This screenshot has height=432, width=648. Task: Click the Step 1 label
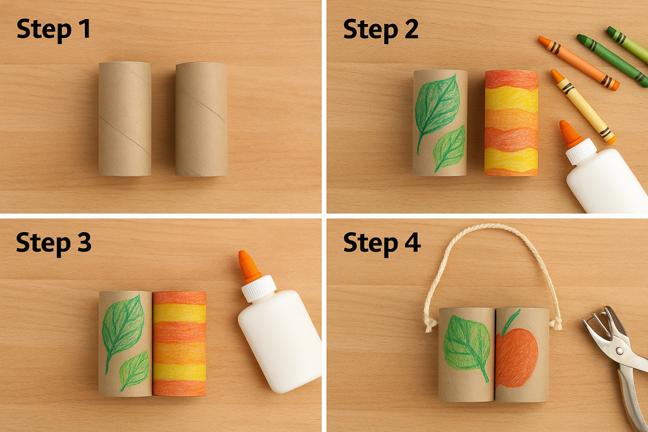point(53,28)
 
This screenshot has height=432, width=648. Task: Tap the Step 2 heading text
point(380,28)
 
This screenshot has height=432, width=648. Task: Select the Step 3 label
point(53,242)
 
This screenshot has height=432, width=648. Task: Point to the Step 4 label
point(382,242)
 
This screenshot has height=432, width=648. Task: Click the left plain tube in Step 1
point(125,118)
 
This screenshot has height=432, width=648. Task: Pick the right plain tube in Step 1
point(201,118)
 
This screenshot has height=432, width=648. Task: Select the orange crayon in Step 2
point(577,62)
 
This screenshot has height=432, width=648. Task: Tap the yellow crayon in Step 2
point(582,106)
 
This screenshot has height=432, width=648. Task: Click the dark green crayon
point(612,60)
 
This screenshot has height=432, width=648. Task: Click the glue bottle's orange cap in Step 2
point(570,133)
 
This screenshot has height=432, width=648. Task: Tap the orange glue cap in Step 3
point(249,266)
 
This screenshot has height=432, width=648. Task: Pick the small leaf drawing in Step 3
point(135,370)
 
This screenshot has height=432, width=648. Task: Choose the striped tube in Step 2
point(511,123)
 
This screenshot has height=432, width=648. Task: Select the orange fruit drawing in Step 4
point(517,357)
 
